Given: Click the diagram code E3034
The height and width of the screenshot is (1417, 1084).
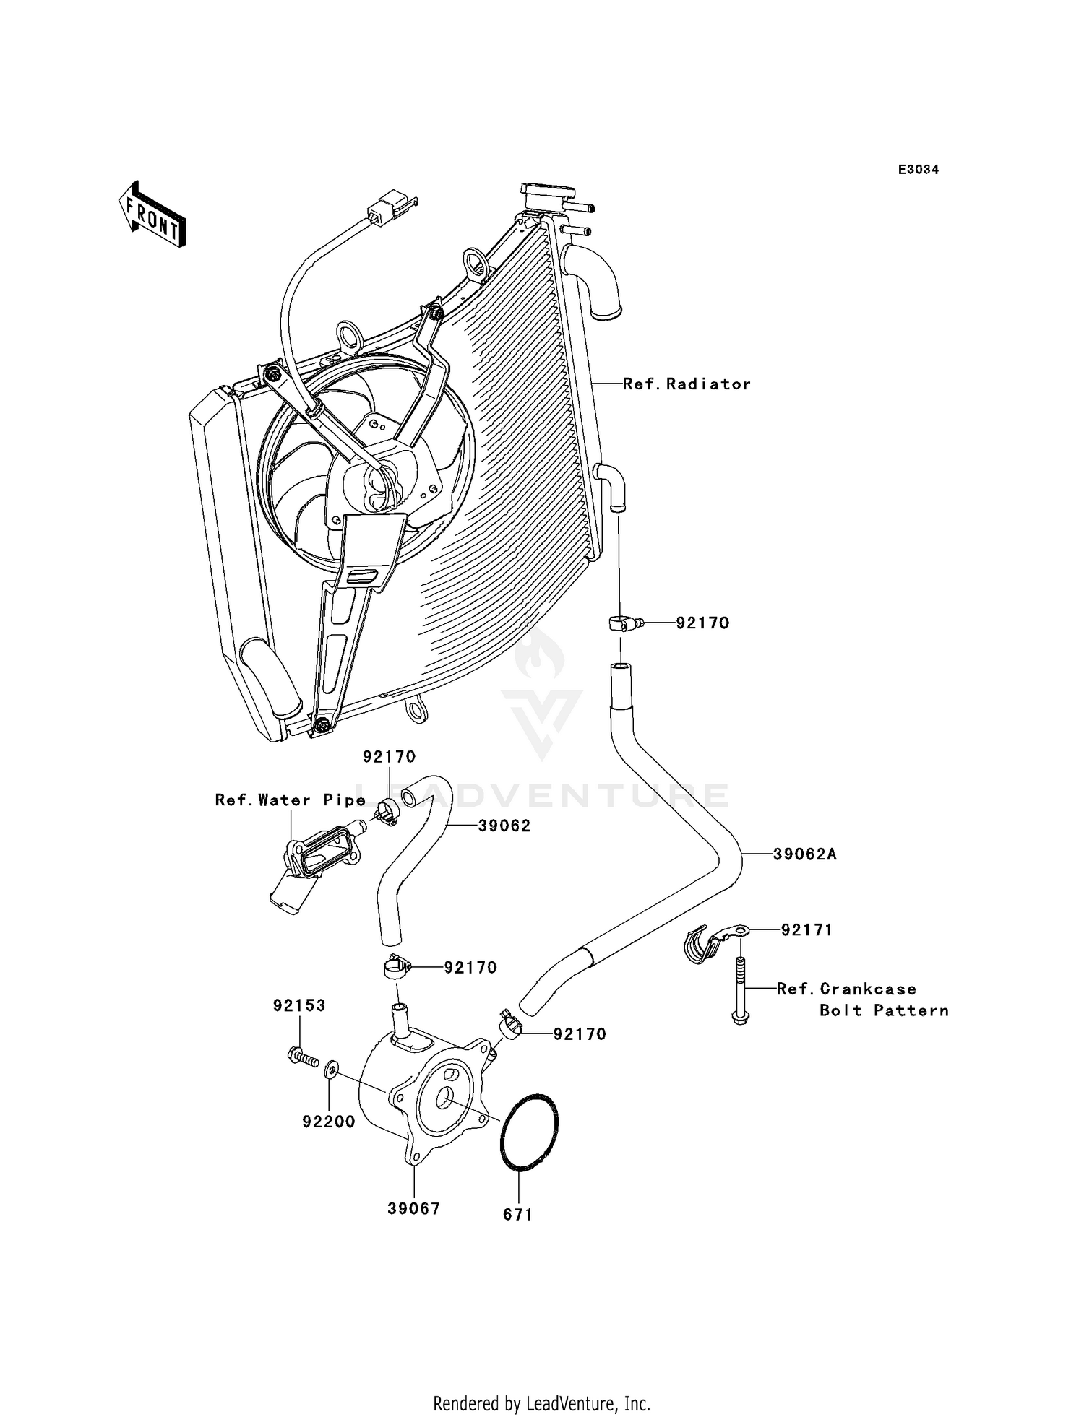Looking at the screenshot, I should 919,170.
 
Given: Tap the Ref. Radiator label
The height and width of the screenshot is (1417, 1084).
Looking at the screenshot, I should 687,384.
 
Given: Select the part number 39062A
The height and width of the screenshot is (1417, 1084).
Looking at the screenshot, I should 804,854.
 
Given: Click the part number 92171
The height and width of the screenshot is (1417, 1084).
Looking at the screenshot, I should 806,930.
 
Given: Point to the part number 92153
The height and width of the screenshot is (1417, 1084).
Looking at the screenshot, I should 299,1005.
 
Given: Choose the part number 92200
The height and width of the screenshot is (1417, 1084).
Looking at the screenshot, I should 329,1122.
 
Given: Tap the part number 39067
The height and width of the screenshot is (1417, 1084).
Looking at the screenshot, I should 413,1209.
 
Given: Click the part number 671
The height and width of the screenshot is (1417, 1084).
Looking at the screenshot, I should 518,1215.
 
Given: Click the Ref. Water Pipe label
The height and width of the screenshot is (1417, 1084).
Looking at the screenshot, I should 291,800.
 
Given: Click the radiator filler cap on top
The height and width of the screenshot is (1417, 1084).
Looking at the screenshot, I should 548,194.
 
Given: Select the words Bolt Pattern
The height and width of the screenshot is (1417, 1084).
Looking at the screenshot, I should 884,1010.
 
